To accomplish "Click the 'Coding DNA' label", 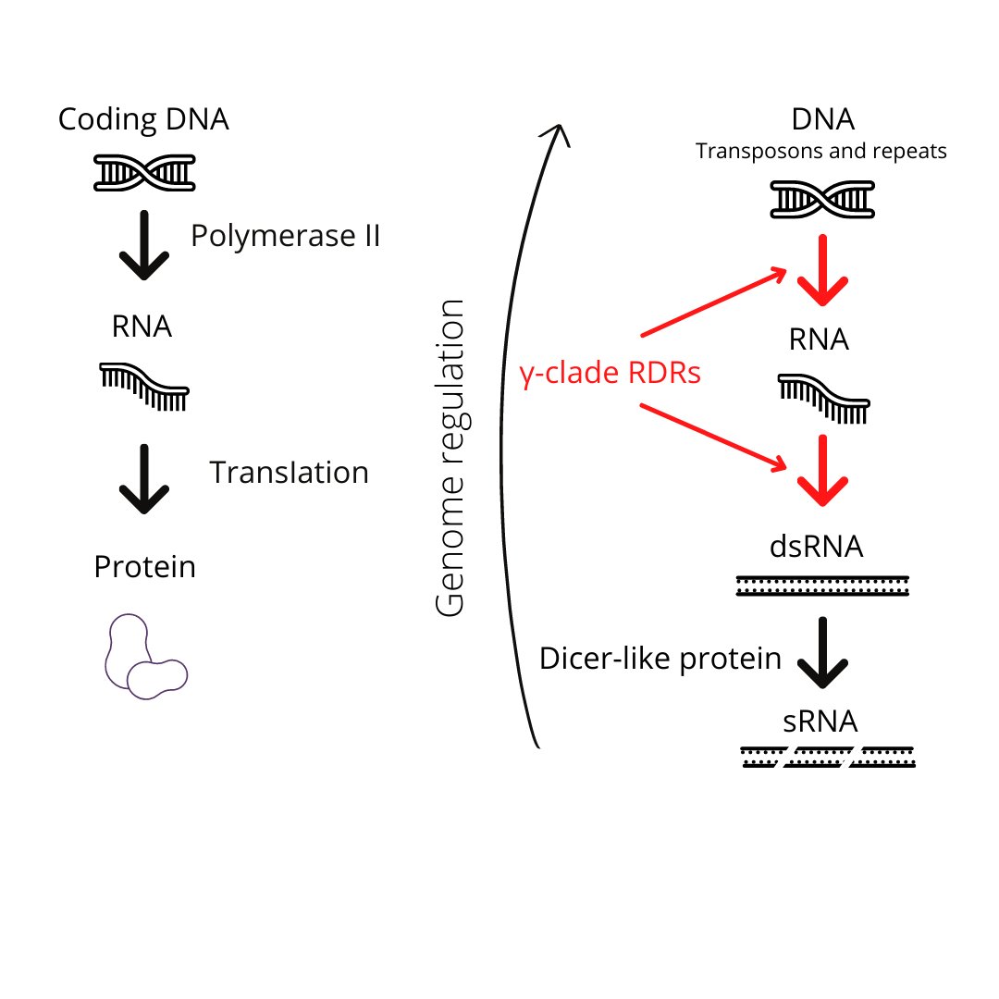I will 143,119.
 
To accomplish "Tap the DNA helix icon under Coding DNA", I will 144,172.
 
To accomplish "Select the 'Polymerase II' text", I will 286,236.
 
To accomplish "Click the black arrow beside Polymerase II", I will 144,245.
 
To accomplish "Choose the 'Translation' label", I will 289,473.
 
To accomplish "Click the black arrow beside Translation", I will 144,479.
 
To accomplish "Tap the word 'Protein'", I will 144,566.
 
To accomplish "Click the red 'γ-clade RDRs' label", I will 610,374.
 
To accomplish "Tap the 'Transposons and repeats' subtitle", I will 821,151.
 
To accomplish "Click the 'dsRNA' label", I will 817,546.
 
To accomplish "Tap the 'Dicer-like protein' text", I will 660,659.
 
